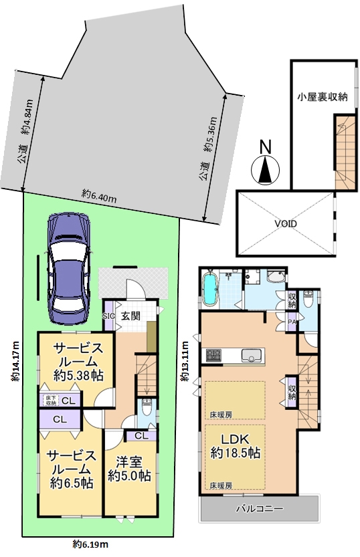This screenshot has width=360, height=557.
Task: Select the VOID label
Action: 285,224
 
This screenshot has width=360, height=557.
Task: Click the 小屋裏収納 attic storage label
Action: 323,96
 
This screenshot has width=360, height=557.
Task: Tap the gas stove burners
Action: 213,355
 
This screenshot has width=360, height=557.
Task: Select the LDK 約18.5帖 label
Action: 236,447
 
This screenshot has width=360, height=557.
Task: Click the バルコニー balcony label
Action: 260,509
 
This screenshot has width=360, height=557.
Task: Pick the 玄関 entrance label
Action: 130,316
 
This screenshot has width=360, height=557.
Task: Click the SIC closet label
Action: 108,316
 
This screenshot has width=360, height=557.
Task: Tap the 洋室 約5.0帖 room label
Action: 130,469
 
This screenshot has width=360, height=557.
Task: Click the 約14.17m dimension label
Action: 15,361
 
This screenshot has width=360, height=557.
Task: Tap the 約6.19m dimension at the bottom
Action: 90,544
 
